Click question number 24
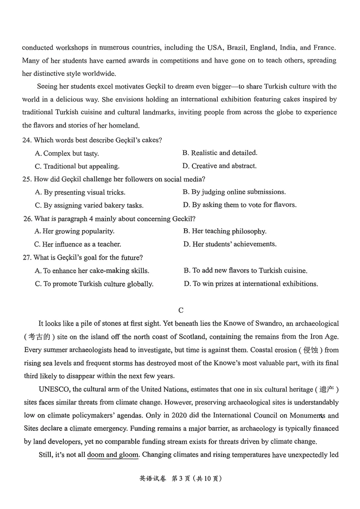[x=27, y=140]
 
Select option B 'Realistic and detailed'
[x=220, y=153]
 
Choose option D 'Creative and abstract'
[x=219, y=166]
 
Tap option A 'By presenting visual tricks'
[x=80, y=193]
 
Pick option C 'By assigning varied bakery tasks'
[x=89, y=205]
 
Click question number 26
[x=28, y=219]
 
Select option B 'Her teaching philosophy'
[x=225, y=231]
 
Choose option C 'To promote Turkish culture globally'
[x=94, y=284]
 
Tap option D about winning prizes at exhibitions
[x=251, y=284]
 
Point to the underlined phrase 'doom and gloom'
[x=113, y=455]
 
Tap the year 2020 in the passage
[x=179, y=415]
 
